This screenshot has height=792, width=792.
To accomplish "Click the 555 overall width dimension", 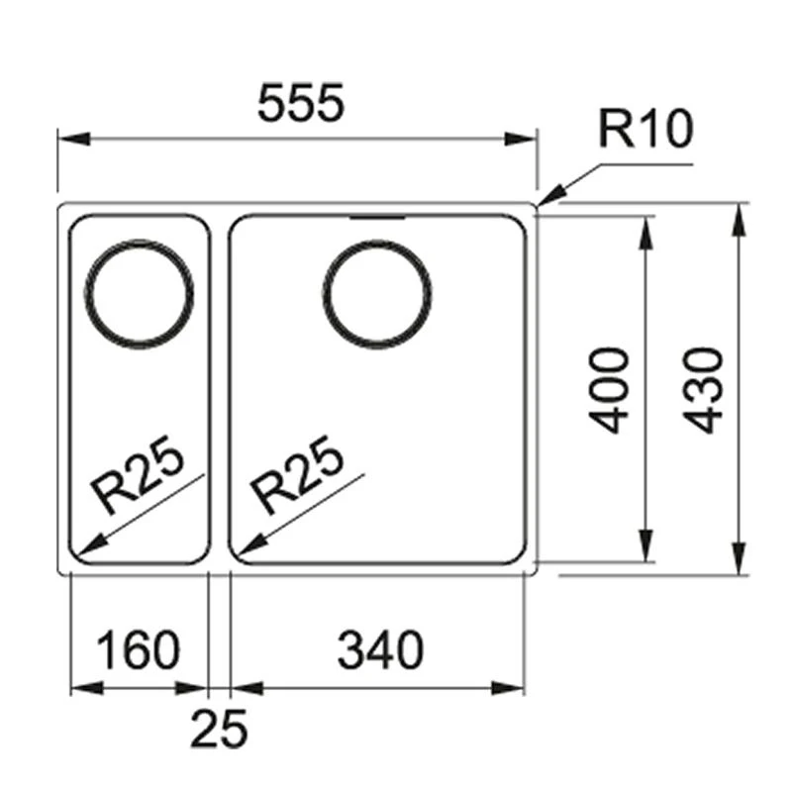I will click(x=300, y=104).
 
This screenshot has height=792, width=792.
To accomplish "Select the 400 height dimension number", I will click(x=611, y=389).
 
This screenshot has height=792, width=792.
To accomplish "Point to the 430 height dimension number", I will click(x=706, y=389).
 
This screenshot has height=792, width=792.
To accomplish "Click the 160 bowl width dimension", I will click(x=139, y=650).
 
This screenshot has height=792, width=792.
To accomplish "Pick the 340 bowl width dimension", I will click(x=380, y=650).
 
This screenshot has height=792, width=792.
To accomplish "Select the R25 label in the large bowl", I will click(x=298, y=478).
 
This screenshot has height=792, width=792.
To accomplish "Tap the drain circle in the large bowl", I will click(x=377, y=292).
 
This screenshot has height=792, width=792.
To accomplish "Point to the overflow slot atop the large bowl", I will click(x=376, y=215).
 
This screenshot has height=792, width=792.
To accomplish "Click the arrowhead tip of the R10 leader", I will click(x=543, y=202).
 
